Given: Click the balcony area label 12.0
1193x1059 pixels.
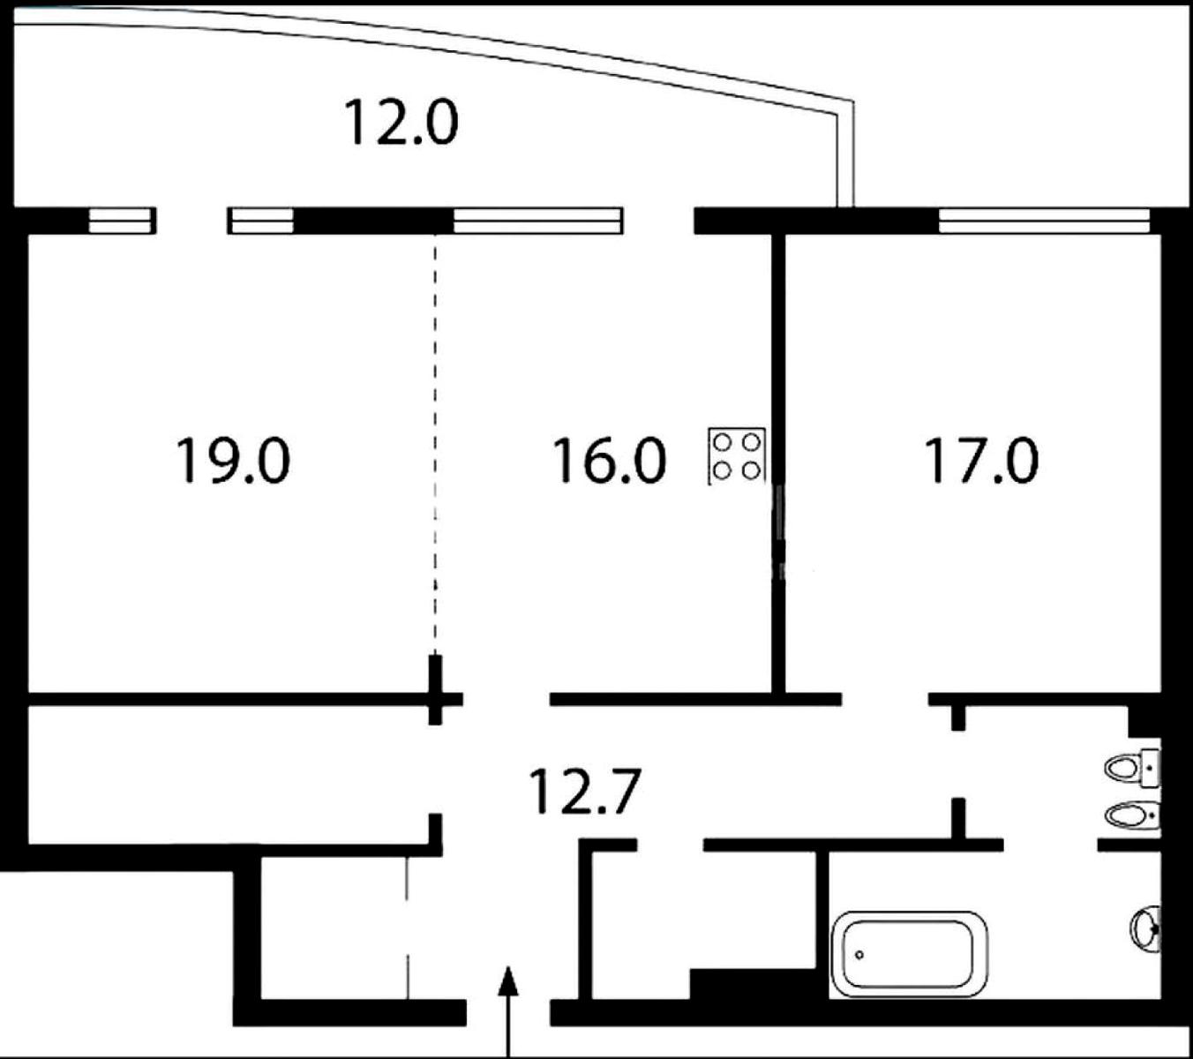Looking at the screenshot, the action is coord(401,123).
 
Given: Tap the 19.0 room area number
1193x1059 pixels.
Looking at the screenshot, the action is coord(233,461).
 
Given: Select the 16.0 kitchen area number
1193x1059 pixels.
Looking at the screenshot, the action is coord(610,461).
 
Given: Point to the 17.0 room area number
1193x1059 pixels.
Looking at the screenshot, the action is coord(982,461).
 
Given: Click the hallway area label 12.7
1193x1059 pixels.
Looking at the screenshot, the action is coord(585,792).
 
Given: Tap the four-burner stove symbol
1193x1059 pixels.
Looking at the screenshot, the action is coord(737,456).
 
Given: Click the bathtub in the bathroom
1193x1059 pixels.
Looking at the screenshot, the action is coord(909,954).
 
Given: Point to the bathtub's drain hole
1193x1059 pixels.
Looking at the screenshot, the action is coord(859,955).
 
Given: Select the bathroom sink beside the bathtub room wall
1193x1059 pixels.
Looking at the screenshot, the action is coord(1146,929).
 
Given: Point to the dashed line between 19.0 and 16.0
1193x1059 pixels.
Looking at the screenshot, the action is coord(435,445).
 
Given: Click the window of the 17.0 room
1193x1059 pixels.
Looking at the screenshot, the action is coord(1044,221).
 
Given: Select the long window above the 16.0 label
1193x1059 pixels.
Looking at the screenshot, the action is coord(538,221).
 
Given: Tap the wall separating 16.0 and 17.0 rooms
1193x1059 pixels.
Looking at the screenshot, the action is coord(778,463).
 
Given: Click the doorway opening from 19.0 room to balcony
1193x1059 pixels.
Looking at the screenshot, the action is coord(192,221).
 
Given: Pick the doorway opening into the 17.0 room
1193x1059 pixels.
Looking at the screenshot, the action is coord(885,699).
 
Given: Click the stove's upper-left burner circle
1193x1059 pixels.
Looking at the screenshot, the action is coord(723,442).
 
